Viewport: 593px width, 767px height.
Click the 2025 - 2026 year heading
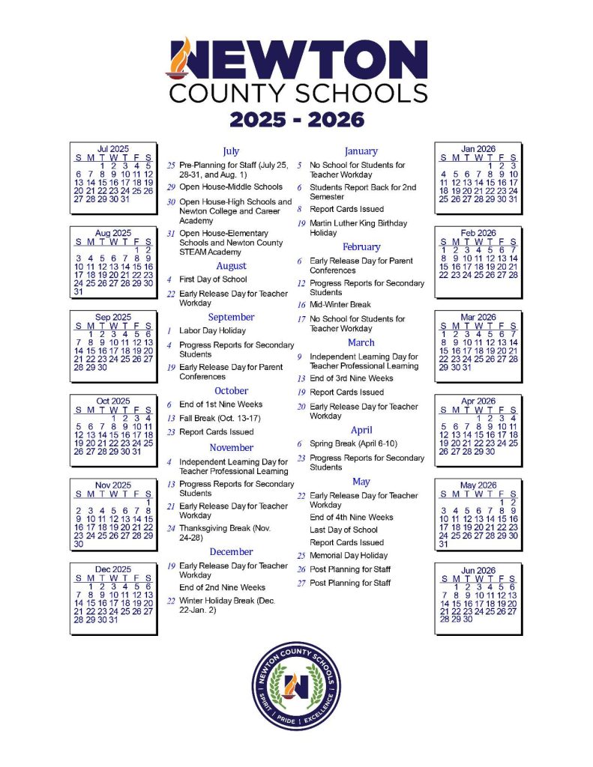[x=296, y=119]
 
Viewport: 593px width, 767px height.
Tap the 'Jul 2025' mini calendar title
[x=113, y=149]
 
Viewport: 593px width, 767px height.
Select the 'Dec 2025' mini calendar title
[x=113, y=569]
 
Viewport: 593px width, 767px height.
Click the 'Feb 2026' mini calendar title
[x=478, y=233]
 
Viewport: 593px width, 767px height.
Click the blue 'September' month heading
[x=231, y=317]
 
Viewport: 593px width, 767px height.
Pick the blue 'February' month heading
[x=361, y=246]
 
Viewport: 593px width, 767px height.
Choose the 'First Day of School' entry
[x=213, y=279]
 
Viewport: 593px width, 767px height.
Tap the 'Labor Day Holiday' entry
[x=212, y=330]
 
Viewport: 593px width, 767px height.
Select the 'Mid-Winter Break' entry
[x=340, y=305]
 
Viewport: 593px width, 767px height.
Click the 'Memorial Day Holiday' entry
[x=349, y=556]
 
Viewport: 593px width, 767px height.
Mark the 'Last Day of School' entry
[x=343, y=530]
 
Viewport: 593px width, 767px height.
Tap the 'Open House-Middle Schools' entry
[x=231, y=187]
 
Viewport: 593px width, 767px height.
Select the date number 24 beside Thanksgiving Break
[x=171, y=528]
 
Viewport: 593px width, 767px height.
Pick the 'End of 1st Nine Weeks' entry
[x=220, y=404]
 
